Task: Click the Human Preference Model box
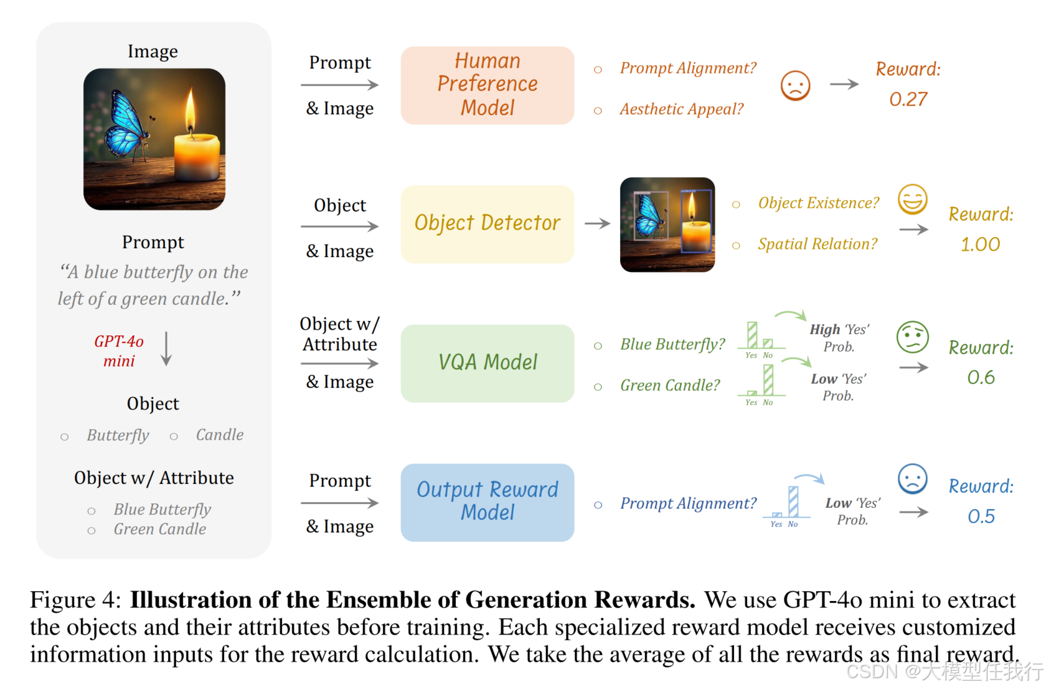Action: (487, 85)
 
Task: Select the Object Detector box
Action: (487, 223)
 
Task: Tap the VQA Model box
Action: (487, 363)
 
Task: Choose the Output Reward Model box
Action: (487, 501)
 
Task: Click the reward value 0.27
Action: (908, 100)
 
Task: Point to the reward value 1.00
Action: (980, 245)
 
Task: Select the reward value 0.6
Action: (981, 378)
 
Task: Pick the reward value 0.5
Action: (981, 516)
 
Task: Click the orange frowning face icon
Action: (795, 85)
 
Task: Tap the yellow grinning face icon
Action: (912, 200)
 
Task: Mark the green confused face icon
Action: (912, 337)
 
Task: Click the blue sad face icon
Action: (912, 479)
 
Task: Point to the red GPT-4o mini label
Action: (119, 351)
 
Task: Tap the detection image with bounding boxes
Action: (667, 225)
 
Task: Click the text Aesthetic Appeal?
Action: (681, 110)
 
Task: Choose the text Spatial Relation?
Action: (817, 245)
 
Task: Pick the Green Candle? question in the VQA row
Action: (670, 386)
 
